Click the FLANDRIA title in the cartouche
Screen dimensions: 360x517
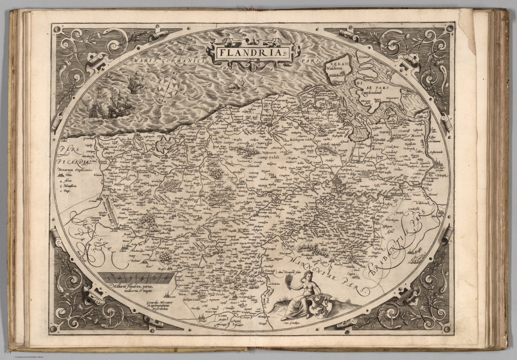point(252,52)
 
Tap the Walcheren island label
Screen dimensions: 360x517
point(337,71)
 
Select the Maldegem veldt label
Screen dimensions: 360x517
point(301,139)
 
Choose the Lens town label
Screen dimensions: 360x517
point(173,297)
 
